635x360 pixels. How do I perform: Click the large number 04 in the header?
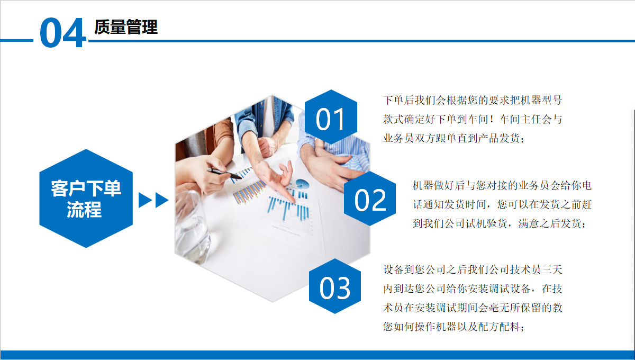(62, 33)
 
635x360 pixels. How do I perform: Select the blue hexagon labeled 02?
(370, 200)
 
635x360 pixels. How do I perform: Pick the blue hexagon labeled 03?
(334, 287)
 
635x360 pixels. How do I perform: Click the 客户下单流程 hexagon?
(86, 199)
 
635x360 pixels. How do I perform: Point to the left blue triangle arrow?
(144, 200)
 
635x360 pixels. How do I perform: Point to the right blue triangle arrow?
(161, 200)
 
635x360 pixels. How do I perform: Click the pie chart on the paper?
(302, 184)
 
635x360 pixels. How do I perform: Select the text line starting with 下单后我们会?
(472, 100)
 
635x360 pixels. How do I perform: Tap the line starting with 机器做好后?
(502, 185)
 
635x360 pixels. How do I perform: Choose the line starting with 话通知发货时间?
(502, 204)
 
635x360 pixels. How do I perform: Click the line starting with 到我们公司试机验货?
(499, 224)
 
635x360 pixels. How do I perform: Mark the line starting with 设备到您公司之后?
(472, 269)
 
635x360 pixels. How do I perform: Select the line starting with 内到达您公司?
(472, 289)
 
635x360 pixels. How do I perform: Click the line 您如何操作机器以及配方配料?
(453, 327)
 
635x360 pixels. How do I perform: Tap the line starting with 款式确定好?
(472, 119)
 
